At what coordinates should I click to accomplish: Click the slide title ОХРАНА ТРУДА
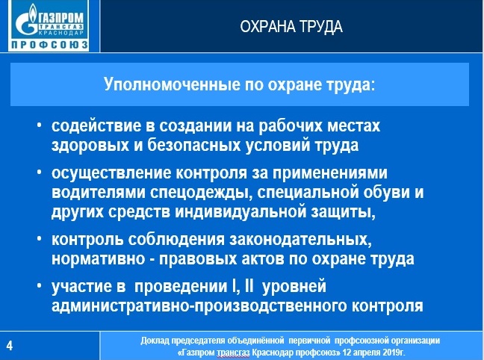click(x=291, y=27)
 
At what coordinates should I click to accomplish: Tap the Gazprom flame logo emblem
click(x=27, y=19)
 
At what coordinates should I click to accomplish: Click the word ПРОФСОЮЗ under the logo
click(x=49, y=45)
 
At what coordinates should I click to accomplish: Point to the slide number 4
click(x=10, y=346)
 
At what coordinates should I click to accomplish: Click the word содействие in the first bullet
click(x=96, y=125)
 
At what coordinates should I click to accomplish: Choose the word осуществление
click(x=111, y=173)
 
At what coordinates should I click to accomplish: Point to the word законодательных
click(x=300, y=240)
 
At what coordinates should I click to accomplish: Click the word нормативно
click(x=98, y=259)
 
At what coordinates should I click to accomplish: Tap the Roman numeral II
click(x=249, y=286)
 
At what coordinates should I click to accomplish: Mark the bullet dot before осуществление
click(x=39, y=173)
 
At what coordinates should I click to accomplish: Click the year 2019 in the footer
click(x=392, y=353)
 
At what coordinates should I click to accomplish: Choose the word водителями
click(x=99, y=193)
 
